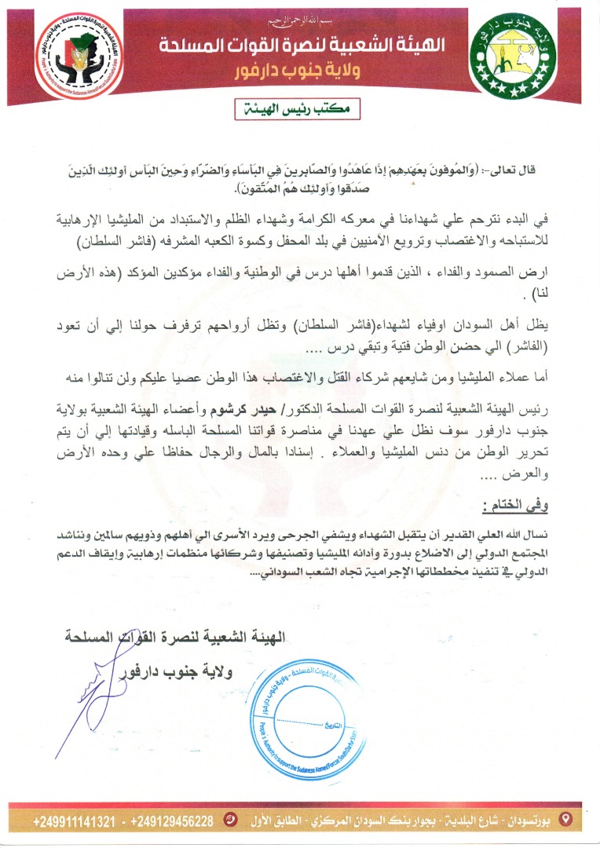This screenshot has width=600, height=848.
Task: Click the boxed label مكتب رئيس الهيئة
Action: [299, 110]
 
